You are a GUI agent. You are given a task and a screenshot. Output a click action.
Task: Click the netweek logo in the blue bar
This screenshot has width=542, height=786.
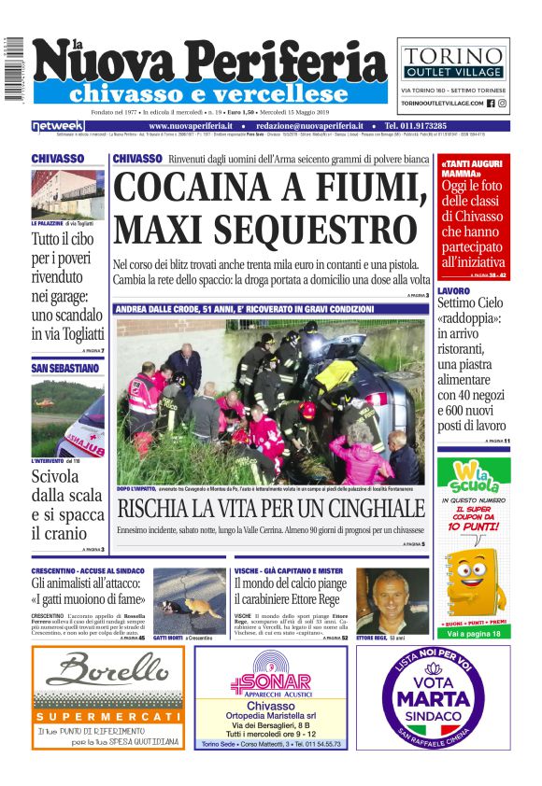pyautogui.click(x=59, y=126)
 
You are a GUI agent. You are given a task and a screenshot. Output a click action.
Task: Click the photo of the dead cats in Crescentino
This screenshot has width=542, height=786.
pyautogui.click(x=190, y=601)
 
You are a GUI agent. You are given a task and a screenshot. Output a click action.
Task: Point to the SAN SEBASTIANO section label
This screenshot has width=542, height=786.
pyautogui.click(x=64, y=369)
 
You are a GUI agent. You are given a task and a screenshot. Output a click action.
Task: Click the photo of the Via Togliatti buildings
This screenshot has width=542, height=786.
pyautogui.click(x=68, y=194)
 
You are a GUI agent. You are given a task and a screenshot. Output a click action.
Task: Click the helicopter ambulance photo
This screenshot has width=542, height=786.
pyautogui.click(x=68, y=416)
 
